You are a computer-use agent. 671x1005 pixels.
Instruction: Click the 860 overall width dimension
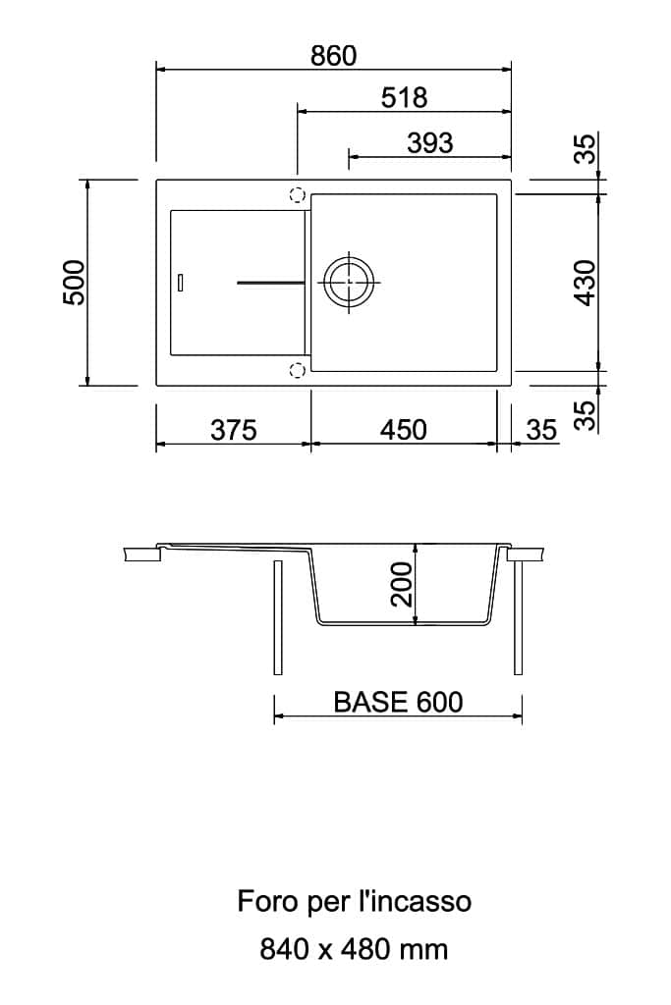pos(333,56)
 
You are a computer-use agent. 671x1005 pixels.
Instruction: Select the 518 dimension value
pos(404,98)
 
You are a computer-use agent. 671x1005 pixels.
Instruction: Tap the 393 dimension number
pos(430,142)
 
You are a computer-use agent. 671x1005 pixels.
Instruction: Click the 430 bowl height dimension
pos(586,283)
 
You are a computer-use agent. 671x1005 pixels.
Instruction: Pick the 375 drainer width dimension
pos(234,430)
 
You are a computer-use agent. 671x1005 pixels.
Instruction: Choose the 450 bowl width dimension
pos(403,430)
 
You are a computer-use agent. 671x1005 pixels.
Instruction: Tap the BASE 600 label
pos(398,703)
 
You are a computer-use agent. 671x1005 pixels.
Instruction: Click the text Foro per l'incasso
pos(355,901)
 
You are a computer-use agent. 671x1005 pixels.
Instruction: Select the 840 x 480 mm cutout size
pos(354,949)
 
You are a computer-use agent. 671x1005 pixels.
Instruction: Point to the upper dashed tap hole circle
pos(297,194)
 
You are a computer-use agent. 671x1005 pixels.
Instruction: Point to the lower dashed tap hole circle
pos(297,370)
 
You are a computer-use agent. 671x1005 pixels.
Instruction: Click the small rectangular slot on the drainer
pos(179,283)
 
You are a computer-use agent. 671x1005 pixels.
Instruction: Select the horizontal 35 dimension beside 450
pos(541,430)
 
